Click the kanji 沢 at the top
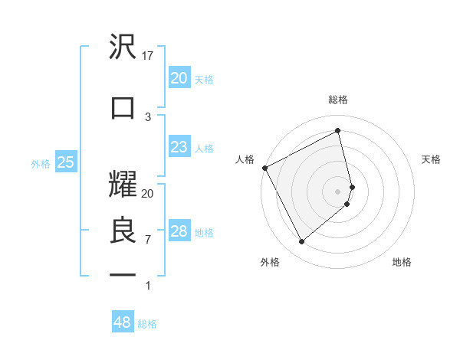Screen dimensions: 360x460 point(123,47)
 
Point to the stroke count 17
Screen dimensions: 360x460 point(148,56)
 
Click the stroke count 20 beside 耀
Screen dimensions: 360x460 point(148,194)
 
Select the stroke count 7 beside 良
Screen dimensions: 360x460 point(148,240)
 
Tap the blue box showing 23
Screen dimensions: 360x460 point(179,147)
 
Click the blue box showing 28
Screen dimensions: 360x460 point(179,231)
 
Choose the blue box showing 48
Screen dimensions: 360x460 point(122,322)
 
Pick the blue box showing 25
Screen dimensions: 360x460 point(65,162)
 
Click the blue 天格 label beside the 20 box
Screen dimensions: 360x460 point(204,79)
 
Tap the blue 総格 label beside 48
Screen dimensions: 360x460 point(147,324)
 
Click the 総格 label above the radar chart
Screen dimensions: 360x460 point(338,100)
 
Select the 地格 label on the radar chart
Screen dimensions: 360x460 point(402,262)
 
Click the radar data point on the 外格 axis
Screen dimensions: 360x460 point(301,241)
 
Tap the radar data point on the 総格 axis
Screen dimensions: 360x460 point(338,131)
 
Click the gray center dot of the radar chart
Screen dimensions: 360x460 point(338,191)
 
